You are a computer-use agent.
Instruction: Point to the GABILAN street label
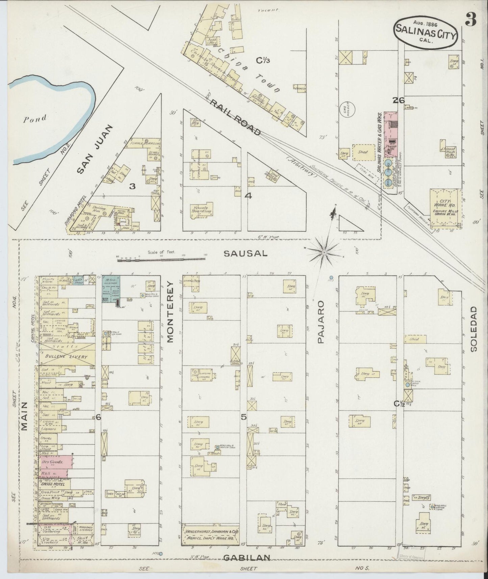[x=248, y=557]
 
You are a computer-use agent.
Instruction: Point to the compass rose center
[x=324, y=252]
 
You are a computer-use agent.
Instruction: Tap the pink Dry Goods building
[x=55, y=462]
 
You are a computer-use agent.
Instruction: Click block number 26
[x=399, y=100]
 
